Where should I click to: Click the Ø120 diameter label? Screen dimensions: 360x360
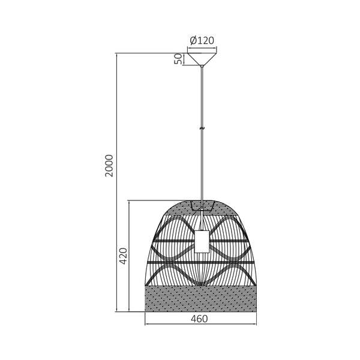[202, 41]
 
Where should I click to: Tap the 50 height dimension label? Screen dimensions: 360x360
[179, 59]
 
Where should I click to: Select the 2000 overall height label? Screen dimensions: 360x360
[109, 166]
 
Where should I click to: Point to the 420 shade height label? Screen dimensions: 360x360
[124, 256]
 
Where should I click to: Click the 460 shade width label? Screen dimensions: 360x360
[199, 319]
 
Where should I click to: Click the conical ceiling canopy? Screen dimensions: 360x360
[202, 59]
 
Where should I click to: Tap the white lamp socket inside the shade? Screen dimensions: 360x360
[202, 241]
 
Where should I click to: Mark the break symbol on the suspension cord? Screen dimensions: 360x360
[202, 128]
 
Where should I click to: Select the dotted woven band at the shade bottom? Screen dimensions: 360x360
[201, 299]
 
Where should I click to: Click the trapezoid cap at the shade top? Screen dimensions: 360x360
[202, 205]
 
